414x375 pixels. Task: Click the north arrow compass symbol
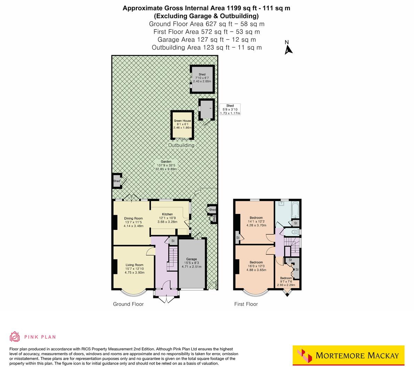288,48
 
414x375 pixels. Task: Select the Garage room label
192,259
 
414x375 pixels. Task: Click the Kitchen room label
167,214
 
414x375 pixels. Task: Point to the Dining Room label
133,218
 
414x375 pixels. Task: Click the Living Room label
134,265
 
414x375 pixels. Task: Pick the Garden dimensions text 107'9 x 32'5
167,165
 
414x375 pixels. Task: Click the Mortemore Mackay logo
348,355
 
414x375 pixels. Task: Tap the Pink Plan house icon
15,336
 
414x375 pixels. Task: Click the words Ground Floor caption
128,304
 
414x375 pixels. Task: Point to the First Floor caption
246,304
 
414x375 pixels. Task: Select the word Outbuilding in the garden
181,145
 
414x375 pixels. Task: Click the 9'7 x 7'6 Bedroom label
286,278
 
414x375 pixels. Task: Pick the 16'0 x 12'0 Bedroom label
257,262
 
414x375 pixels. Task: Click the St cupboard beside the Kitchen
172,241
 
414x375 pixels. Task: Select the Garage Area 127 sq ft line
206,40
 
